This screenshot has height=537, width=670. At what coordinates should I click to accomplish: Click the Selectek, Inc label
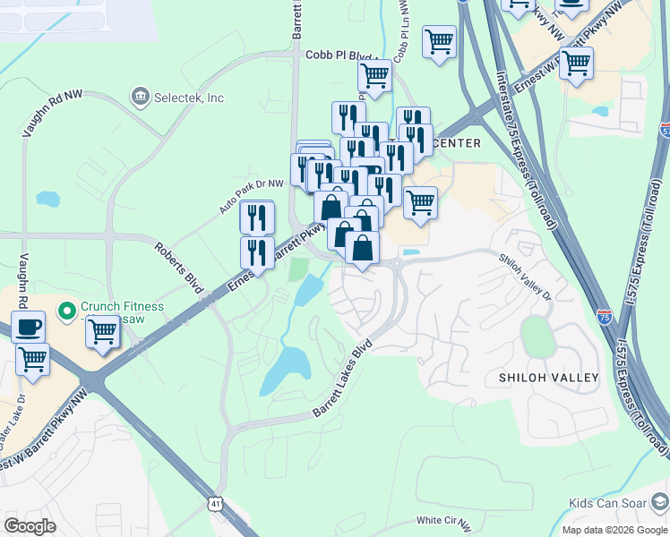point(189,98)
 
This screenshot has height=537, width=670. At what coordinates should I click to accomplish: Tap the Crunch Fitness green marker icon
point(65,311)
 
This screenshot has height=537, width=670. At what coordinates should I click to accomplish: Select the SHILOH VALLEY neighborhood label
point(548,378)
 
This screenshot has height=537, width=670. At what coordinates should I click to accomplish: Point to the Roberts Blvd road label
point(178,267)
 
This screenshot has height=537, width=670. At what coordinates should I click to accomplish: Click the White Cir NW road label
point(445,521)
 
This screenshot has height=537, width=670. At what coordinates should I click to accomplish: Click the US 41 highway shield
point(216,504)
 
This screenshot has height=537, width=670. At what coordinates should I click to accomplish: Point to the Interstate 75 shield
point(605,314)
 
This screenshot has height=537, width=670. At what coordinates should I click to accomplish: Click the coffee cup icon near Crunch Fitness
point(28,327)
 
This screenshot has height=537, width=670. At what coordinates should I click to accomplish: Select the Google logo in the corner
point(30,525)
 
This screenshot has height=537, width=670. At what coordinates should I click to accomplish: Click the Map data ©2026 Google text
point(614,530)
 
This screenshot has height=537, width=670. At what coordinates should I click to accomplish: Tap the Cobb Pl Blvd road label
point(338,55)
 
